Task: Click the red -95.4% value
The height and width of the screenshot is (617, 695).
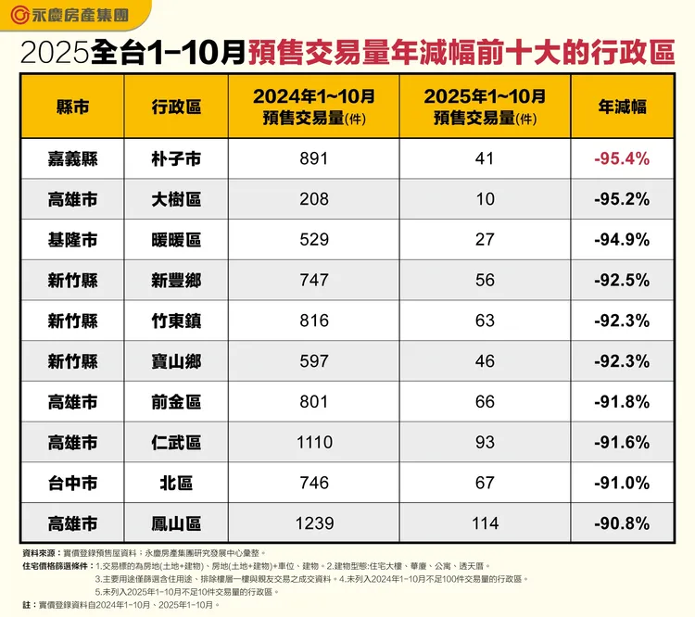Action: (x=622, y=158)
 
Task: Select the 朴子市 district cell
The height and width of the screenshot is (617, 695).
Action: (x=176, y=158)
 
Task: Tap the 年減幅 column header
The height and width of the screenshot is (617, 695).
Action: (x=622, y=106)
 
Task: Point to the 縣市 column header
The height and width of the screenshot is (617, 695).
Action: (x=73, y=106)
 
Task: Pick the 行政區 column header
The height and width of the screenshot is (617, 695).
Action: (x=176, y=106)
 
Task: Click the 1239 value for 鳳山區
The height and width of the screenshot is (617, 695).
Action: (x=314, y=524)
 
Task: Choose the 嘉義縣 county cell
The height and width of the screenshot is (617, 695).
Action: (x=73, y=158)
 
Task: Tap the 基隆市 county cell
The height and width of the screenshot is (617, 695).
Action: (x=73, y=240)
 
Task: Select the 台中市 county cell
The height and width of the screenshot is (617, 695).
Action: (x=73, y=484)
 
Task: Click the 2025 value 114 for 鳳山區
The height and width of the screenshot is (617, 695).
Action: (x=485, y=524)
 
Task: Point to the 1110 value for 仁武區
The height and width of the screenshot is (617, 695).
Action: (x=314, y=443)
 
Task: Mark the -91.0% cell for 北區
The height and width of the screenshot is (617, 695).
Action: (x=622, y=484)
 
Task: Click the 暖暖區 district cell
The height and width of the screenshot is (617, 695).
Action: (x=176, y=240)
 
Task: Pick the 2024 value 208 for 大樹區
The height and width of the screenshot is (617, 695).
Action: (x=314, y=199)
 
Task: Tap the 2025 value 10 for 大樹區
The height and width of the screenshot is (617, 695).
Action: (x=485, y=199)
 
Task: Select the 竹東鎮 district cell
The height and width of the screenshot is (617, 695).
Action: (x=176, y=321)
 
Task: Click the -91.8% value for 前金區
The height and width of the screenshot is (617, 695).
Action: (x=622, y=402)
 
